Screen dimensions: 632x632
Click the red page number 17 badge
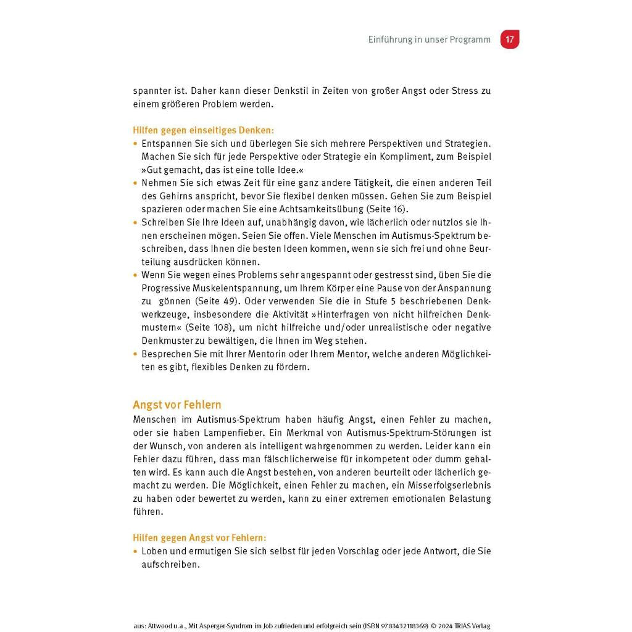coord(509,39)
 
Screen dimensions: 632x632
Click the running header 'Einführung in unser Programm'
coord(430,39)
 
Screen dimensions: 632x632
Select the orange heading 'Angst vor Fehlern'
coord(177,405)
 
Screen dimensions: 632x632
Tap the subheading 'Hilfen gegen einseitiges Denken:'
coord(203,130)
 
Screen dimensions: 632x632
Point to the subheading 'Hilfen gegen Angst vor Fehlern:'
coord(199,538)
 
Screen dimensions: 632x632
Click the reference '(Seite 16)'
coord(383,209)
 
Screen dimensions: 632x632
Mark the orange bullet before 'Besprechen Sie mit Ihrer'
coord(136,354)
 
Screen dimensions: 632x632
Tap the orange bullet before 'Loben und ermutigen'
coord(136,551)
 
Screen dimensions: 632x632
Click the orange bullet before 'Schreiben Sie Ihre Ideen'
coord(136,222)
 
